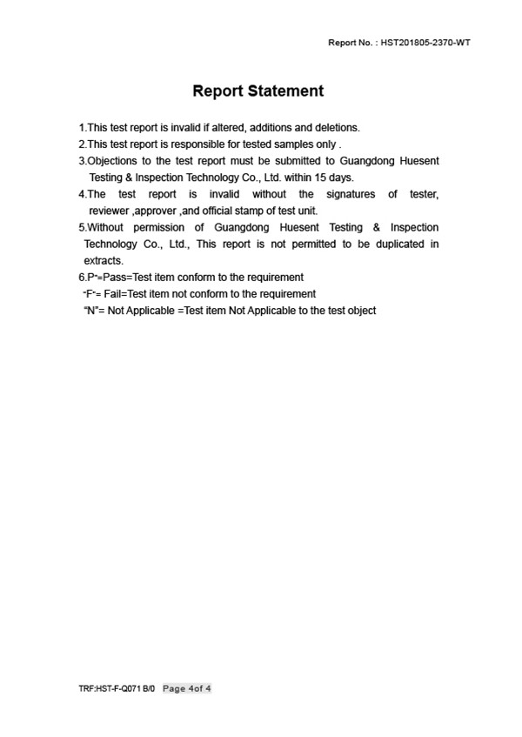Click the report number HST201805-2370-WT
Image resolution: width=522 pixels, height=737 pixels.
click(x=425, y=43)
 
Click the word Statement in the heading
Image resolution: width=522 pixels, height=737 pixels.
click(x=285, y=91)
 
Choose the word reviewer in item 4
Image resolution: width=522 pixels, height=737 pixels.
click(x=109, y=211)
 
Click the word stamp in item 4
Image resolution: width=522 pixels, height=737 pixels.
click(x=246, y=211)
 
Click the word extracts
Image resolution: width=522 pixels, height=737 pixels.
click(x=104, y=260)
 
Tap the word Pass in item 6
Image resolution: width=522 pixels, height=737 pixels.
click(x=114, y=277)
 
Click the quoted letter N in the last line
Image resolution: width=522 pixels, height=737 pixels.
click(x=88, y=310)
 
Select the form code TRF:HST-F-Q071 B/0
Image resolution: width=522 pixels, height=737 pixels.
click(x=117, y=689)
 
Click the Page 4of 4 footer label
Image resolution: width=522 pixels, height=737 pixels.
click(x=187, y=689)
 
